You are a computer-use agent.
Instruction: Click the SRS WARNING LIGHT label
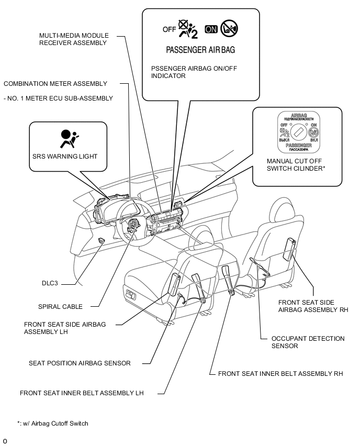coord(65,157)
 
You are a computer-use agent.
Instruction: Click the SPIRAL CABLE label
coord(61,307)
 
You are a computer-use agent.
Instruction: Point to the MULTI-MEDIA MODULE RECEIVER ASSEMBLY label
coord(74,39)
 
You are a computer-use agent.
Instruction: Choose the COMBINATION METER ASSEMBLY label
coord(55,84)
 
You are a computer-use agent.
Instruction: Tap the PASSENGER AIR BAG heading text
coord(200,50)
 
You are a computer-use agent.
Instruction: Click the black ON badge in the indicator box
coord(211,29)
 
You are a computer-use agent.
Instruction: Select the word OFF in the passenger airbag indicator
coord(169,29)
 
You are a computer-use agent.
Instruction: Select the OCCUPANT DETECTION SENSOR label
coord(308,342)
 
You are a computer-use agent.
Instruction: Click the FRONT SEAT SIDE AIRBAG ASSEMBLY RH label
coord(313,306)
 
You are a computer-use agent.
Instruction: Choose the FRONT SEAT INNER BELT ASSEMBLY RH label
coord(280,374)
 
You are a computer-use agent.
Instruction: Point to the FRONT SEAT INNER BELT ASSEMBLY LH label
coord(81,393)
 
